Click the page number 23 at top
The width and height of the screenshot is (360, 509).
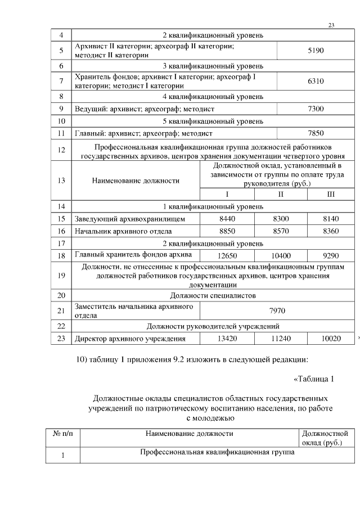pyautogui.click(x=331, y=25)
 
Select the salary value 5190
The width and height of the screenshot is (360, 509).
pyautogui.click(x=316, y=51)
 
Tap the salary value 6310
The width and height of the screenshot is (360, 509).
pyautogui.click(x=316, y=81)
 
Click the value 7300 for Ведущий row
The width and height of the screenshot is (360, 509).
pyautogui.click(x=316, y=108)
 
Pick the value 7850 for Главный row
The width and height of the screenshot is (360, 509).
pyautogui.click(x=316, y=134)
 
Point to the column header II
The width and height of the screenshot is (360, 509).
pyautogui.click(x=280, y=194)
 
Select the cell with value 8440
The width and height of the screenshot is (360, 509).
pyautogui.click(x=227, y=218)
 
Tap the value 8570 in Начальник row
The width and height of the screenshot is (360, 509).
pyautogui.click(x=280, y=231)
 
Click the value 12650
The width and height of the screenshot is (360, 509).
pyautogui.click(x=227, y=256)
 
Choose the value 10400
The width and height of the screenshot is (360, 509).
pyautogui.click(x=280, y=256)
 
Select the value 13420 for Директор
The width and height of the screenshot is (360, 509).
pyautogui.click(x=227, y=338)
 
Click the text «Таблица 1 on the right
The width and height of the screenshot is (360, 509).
pyautogui.click(x=314, y=378)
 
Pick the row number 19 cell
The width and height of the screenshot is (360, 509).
pyautogui.click(x=62, y=276)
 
